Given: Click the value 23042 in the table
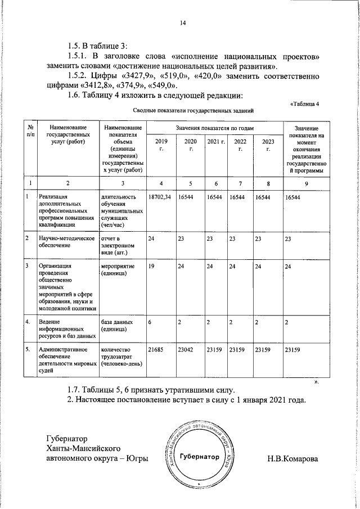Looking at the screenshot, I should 185,350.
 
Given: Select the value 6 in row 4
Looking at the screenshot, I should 150,322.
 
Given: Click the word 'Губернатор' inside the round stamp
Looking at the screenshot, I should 200,457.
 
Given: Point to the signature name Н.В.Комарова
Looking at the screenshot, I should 292,458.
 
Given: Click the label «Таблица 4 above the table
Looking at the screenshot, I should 304,103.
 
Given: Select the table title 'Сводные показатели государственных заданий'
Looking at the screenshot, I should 186,111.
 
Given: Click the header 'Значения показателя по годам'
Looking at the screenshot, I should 214,129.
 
